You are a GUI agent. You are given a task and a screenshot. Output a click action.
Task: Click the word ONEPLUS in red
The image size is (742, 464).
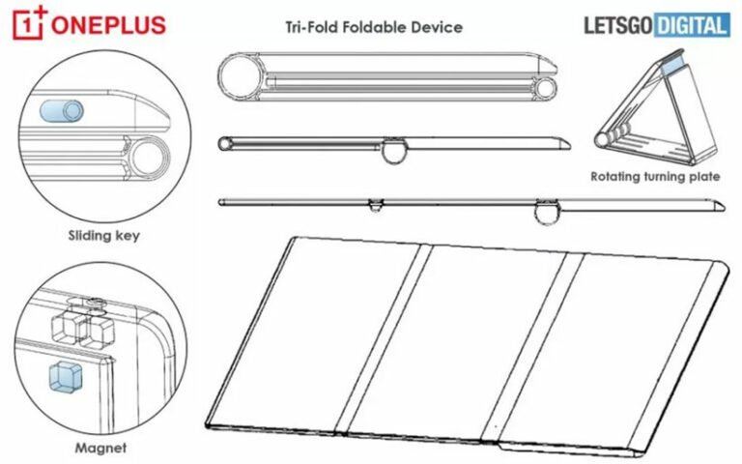click(108, 24)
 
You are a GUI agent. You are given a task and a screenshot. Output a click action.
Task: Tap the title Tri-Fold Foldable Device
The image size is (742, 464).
click(374, 27)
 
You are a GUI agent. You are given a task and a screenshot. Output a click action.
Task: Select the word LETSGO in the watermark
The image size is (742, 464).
click(618, 25)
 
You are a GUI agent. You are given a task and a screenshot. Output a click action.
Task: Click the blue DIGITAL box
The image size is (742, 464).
click(692, 25)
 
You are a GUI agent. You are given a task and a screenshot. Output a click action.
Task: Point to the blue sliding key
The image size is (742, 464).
click(62, 111)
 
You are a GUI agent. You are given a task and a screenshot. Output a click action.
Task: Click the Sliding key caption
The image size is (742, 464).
click(103, 235)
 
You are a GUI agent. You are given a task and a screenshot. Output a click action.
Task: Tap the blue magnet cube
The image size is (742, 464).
click(66, 376)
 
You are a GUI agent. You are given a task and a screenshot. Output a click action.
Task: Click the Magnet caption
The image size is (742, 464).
click(100, 448)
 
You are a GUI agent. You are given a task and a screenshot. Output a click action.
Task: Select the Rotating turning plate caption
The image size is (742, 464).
click(655, 177)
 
